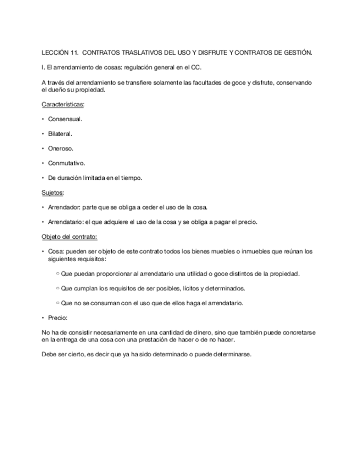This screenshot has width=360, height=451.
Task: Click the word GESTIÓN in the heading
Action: point(298,53)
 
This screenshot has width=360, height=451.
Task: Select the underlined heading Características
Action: point(63,104)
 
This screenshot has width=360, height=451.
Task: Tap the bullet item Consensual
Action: point(65,119)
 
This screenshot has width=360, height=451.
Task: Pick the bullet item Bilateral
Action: point(60,133)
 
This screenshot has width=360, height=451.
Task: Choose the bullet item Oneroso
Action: point(61,148)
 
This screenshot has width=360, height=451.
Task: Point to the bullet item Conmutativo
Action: point(66,163)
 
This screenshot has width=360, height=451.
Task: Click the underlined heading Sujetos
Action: point(52,192)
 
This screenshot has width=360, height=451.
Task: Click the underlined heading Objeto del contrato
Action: point(69,236)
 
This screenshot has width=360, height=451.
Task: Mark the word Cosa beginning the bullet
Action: point(55,251)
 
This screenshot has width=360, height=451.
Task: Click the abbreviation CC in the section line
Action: point(196,68)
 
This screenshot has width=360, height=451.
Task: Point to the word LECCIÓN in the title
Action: point(55,53)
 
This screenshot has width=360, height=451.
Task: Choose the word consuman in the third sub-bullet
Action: point(104,303)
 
